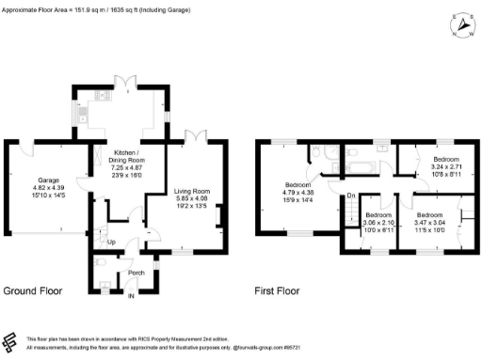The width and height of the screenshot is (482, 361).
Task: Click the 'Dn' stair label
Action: tap(349, 195)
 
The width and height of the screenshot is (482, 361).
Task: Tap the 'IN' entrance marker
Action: tap(132, 296)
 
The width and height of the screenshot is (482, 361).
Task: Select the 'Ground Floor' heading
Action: tap(34, 291)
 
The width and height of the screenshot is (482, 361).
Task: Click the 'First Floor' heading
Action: tap(278, 291)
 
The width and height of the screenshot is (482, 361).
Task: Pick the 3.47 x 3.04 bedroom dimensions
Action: tap(430, 223)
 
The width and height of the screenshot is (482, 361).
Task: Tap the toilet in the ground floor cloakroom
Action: tap(101, 266)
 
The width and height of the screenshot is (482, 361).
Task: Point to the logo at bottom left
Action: tap(10, 341)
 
